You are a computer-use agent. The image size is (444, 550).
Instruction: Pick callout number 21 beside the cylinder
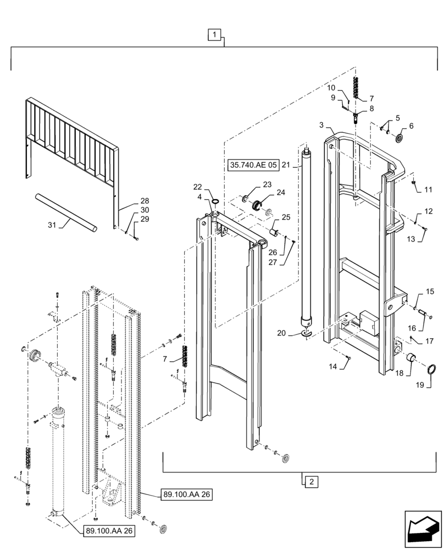click(x=286, y=164)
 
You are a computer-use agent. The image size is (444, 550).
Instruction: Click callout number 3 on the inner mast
click(x=321, y=125)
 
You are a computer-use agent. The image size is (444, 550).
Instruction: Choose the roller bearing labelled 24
click(x=257, y=205)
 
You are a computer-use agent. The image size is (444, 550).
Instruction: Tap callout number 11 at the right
click(x=428, y=190)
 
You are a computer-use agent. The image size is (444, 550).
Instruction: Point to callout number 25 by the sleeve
click(x=286, y=217)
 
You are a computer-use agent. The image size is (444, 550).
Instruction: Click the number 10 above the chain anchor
click(x=331, y=87)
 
